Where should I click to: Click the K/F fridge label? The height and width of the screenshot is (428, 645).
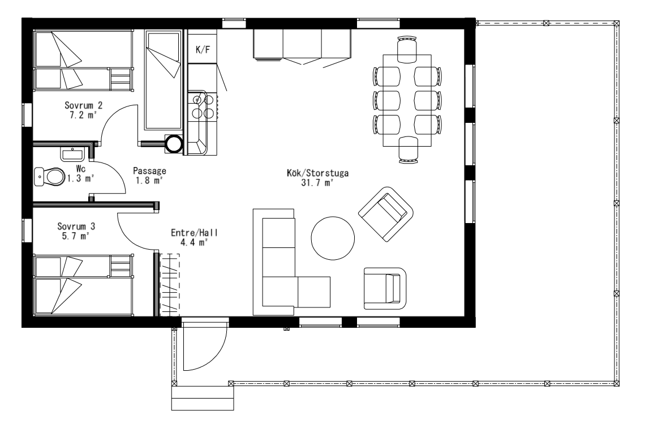click(203, 50)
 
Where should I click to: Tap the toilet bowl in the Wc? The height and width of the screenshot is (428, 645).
click(50, 177)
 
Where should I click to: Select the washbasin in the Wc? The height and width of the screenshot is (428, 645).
click(73, 154)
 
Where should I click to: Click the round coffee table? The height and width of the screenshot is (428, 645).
click(332, 238)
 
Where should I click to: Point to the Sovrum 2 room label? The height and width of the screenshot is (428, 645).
click(84, 105)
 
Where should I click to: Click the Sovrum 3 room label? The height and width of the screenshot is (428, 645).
click(76, 226)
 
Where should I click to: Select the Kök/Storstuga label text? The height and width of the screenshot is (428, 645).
click(317, 173)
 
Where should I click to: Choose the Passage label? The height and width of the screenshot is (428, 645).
click(149, 171)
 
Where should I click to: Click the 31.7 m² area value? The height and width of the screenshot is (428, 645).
click(317, 183)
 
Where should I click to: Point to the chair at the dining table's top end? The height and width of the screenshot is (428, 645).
click(407, 49)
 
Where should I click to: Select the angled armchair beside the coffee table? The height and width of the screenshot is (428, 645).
click(386, 214)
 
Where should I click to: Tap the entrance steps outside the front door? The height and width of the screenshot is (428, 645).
click(203, 398)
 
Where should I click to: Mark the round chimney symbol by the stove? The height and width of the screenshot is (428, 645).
click(174, 144)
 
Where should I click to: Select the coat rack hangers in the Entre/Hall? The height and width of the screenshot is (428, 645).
click(170, 285)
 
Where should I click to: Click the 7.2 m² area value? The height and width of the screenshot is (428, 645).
click(83, 115)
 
